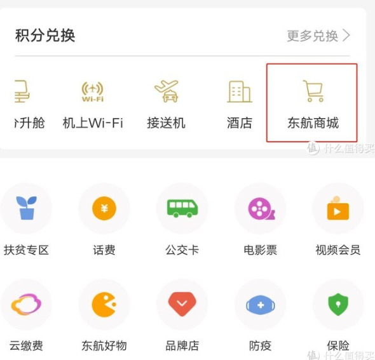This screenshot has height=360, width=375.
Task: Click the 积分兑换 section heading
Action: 45,36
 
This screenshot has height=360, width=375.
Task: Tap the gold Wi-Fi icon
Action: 93,91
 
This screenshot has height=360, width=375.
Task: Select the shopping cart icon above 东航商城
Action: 313,91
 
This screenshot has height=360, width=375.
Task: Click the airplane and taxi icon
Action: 167,91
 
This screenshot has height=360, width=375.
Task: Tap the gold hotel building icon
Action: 240,91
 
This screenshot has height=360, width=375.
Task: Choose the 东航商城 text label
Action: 313,123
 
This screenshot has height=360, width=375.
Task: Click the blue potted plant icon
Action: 26,208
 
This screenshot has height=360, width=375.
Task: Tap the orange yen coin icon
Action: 104,208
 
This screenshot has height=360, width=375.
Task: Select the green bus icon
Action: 182,208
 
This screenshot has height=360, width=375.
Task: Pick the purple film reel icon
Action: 261,208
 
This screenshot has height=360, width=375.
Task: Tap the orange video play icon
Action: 338,208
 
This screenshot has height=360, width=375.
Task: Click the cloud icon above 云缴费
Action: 26,304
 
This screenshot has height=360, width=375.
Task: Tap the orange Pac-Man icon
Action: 104,305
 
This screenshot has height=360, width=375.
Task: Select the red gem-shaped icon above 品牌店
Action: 182,304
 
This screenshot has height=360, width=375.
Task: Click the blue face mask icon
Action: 261,305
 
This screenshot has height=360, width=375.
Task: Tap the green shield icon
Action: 338,304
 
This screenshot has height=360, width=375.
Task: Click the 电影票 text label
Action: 260,250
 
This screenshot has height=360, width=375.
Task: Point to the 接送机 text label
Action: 167,123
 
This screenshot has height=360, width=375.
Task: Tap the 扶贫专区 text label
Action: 26,250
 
